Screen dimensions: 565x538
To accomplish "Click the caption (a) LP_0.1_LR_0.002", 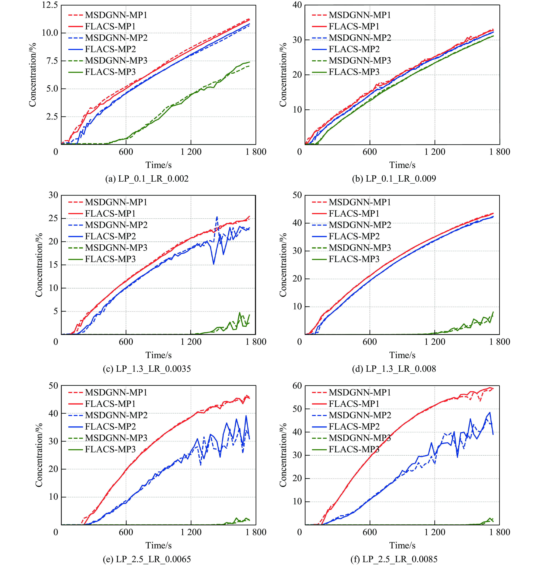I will (x=147, y=179).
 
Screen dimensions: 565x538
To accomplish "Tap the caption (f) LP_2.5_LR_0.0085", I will (x=394, y=559).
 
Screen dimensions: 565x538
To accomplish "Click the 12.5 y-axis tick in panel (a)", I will (x=50, y=5).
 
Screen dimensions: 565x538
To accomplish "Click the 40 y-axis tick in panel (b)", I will (x=297, y=5).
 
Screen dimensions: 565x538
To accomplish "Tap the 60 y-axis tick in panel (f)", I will (x=297, y=386).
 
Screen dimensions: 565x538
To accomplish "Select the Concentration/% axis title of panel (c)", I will (x=39, y=265).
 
